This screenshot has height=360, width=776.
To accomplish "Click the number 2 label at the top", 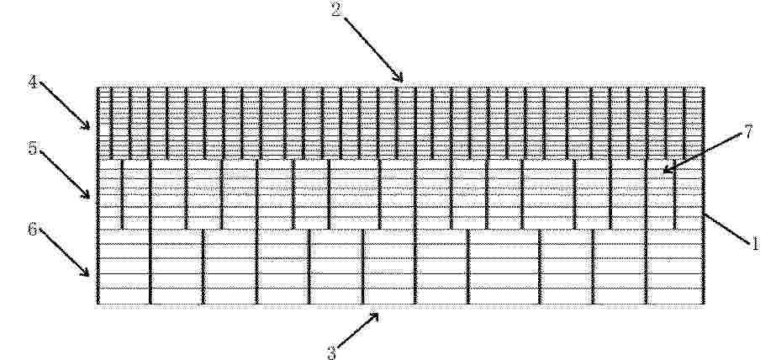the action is (336, 10).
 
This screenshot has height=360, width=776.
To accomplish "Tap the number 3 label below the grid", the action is (331, 352).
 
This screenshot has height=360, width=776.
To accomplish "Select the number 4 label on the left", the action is (33, 82).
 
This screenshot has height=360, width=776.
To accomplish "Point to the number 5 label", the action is (33, 147).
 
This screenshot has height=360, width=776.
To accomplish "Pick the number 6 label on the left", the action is (33, 230).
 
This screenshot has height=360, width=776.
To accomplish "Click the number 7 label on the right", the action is (747, 132).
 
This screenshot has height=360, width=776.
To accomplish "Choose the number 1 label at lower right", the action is (755, 244).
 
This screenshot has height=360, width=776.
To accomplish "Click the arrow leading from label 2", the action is (373, 50).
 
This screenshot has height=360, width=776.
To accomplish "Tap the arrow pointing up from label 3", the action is (358, 330).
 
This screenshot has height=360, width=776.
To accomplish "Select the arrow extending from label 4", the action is (65, 105).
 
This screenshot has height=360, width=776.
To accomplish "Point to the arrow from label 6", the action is (65, 252).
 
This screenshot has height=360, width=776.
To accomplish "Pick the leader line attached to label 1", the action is (727, 228).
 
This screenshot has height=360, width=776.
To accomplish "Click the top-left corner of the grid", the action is (98, 87).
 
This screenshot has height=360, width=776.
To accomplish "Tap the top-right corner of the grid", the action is (703, 87).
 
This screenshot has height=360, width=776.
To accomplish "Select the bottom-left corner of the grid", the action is (98, 304).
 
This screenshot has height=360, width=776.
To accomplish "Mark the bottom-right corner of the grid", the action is (703, 304).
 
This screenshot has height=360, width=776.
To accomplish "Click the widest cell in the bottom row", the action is (504, 267).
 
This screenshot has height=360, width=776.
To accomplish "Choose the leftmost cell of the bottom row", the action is (124, 267).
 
